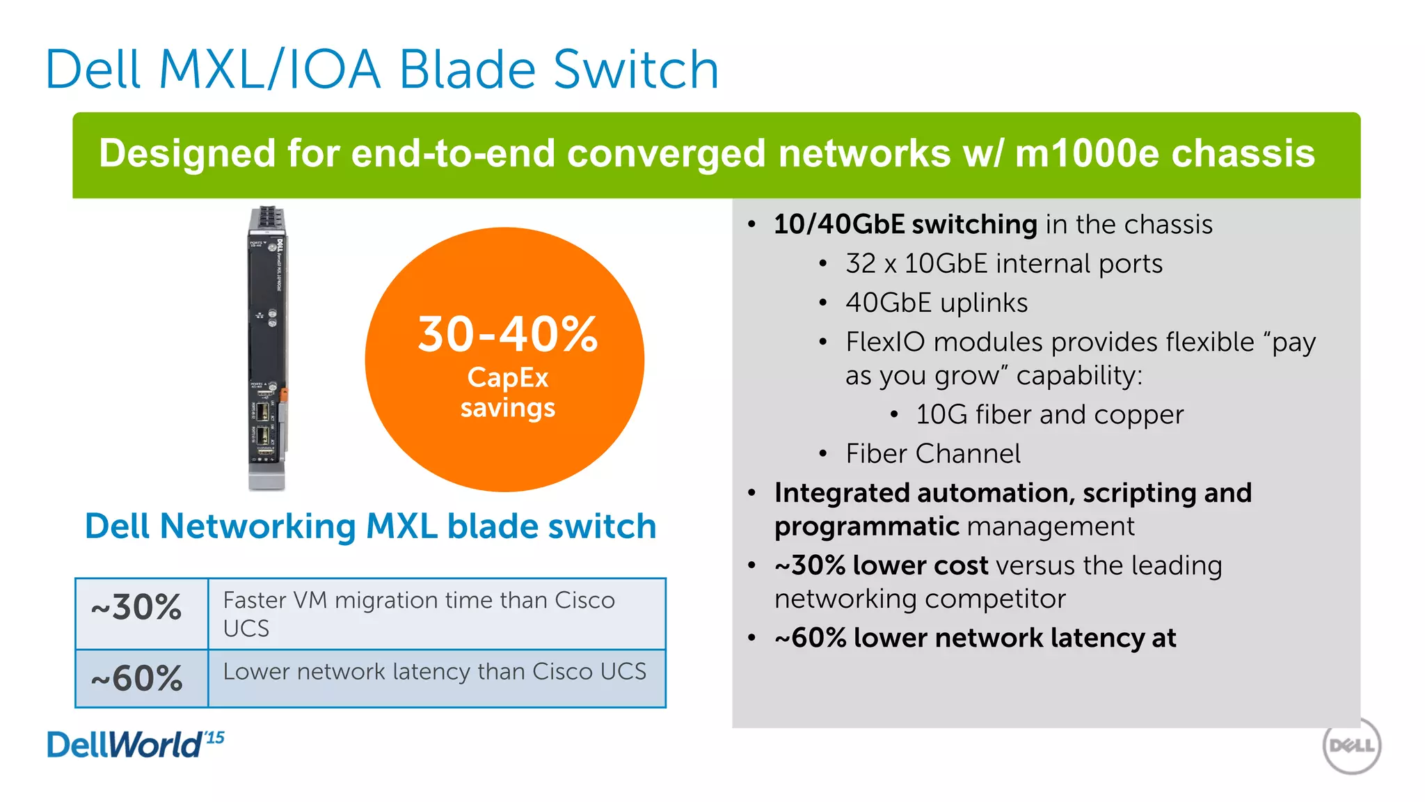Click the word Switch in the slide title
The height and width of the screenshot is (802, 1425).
635,70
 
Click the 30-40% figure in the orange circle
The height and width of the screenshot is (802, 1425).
507,334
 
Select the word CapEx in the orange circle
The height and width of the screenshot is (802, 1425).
507,377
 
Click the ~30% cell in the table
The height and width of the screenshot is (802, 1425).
137,608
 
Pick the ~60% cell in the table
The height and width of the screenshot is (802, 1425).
137,678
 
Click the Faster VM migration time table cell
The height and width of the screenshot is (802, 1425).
419,613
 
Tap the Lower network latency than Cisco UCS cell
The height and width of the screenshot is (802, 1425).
434,672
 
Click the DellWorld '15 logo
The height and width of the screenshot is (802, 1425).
135,744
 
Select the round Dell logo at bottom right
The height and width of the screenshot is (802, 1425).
1351,746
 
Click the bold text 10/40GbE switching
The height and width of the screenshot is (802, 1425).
905,225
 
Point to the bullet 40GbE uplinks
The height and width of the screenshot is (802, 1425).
937,303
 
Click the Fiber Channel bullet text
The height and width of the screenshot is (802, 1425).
932,454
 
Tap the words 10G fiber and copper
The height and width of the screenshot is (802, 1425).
1049,415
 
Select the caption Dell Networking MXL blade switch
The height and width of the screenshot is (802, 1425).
370,526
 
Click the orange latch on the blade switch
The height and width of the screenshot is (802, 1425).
283,395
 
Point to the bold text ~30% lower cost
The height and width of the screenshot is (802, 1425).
881,565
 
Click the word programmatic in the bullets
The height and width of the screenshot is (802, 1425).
867,527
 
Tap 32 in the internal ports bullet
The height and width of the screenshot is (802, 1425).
860,264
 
